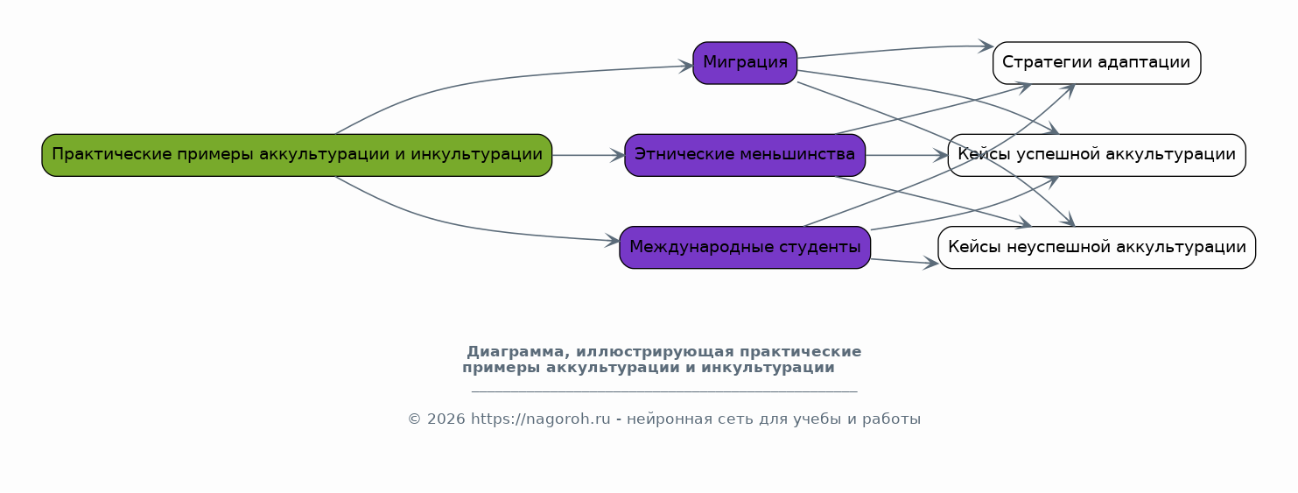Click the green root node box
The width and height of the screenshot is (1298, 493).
pos(297,156)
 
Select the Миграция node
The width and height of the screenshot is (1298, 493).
pos(745,63)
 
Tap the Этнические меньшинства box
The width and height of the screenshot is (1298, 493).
pos(745,156)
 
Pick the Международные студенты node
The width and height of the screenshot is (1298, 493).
pos(745,248)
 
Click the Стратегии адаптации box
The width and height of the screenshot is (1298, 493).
pos(1097,63)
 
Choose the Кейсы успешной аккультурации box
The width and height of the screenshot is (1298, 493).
pos(1097,156)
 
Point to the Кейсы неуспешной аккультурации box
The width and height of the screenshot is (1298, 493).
pos(1097,248)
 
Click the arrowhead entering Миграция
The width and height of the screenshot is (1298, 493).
pos(686,67)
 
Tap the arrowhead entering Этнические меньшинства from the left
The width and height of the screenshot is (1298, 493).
pos(617,156)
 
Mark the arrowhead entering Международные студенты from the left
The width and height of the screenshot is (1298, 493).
pos(613,240)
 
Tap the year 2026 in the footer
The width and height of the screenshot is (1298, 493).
pos(446,419)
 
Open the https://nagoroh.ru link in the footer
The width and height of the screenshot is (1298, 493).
pos(540,419)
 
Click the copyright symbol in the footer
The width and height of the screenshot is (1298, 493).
pos(415,419)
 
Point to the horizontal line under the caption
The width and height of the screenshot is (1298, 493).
pos(664,392)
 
